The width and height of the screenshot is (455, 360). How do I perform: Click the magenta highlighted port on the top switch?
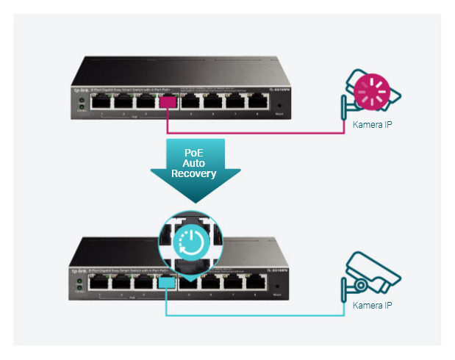(168, 102)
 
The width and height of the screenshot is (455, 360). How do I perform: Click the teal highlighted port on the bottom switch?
(167, 281)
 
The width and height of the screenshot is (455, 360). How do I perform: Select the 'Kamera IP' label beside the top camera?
(372, 125)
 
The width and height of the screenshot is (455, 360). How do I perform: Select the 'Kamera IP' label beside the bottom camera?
(372, 305)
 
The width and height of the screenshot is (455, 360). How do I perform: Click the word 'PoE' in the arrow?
(193, 153)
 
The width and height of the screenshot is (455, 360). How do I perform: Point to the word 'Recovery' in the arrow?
(193, 174)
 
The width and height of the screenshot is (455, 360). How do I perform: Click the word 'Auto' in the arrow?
(193, 163)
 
